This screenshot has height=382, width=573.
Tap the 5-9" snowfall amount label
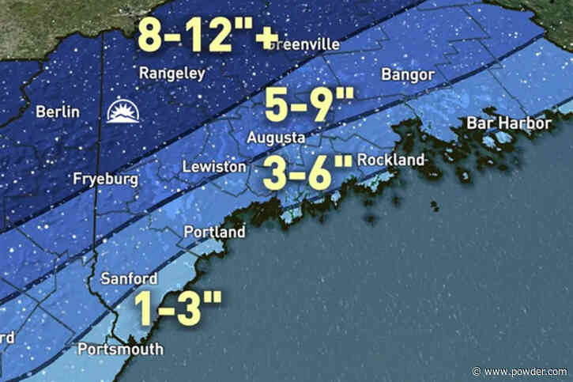click(298, 105)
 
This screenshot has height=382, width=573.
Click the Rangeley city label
click(172, 74)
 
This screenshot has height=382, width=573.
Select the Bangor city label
click(407, 75)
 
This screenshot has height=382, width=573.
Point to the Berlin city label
click(57, 112)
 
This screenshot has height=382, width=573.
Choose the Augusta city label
click(276, 138)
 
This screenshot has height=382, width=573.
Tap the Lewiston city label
click(211, 168)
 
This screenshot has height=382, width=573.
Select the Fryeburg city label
click(105, 180)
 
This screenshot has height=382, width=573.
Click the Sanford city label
click(129, 278)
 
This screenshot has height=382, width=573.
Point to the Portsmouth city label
click(120, 349)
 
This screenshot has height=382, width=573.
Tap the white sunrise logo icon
click(124, 112)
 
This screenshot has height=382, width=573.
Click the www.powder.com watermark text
click(528, 371)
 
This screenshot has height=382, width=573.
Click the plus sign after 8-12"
click(257, 34)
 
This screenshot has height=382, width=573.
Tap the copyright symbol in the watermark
click(477, 371)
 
